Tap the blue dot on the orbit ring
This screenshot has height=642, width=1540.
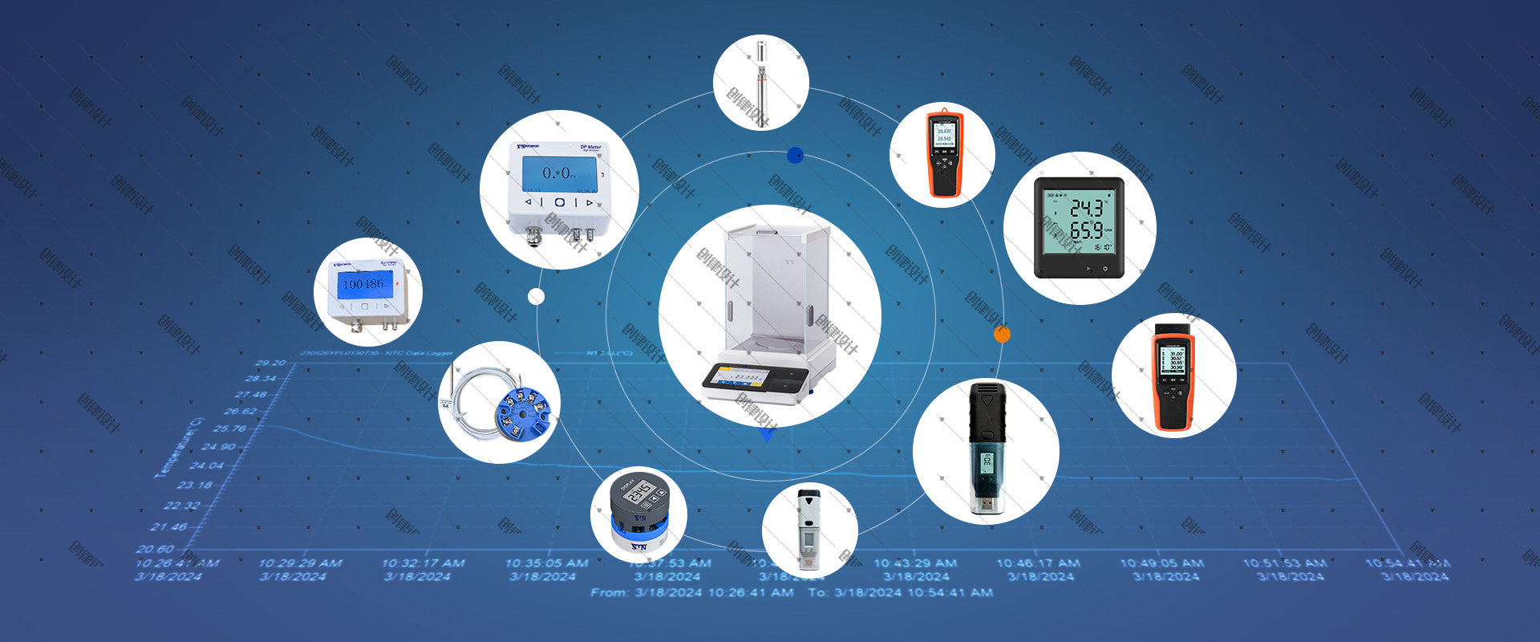(x=795, y=155)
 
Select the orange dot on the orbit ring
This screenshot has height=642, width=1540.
(x=1002, y=335)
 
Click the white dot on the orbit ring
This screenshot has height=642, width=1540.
(x=536, y=297)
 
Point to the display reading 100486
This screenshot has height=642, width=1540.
(x=363, y=284)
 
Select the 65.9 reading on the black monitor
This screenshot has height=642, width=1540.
(x=1087, y=231)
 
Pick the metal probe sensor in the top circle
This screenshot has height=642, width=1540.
(x=759, y=80)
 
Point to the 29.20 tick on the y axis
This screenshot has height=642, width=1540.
(x=270, y=363)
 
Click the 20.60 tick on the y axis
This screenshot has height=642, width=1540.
(x=154, y=549)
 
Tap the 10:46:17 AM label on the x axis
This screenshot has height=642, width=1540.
(x=1038, y=563)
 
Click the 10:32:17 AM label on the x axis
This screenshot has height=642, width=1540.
(x=422, y=563)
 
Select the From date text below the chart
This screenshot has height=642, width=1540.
(x=691, y=593)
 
